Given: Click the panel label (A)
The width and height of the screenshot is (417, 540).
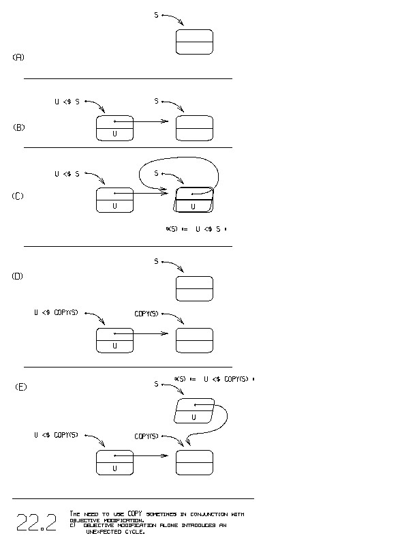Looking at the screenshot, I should click(x=18, y=57).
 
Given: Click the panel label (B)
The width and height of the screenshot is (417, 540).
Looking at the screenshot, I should click(x=19, y=127).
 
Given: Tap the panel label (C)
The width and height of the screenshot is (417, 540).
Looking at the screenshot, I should click(x=18, y=196).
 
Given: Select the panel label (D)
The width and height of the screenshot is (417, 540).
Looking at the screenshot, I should click(x=18, y=276).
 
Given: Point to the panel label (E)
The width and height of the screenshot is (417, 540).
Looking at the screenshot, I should click(x=21, y=387).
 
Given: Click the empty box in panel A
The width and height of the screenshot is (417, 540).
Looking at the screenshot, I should click(x=194, y=42).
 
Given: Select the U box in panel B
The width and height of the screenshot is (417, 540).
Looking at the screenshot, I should click(x=114, y=128).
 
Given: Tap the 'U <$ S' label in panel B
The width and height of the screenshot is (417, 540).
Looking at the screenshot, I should click(x=67, y=102).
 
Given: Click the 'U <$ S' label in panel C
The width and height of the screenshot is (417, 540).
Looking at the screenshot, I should click(x=67, y=174).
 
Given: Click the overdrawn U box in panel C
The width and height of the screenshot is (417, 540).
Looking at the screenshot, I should click(x=194, y=200).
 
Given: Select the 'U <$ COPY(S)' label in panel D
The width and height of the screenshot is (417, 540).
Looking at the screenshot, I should click(x=57, y=313).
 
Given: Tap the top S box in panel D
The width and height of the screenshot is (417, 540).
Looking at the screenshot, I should click(x=194, y=288).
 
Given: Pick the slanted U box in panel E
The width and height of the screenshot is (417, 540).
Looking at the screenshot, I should click(x=194, y=411).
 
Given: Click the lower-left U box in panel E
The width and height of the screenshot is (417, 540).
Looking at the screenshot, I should click(x=114, y=462).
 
